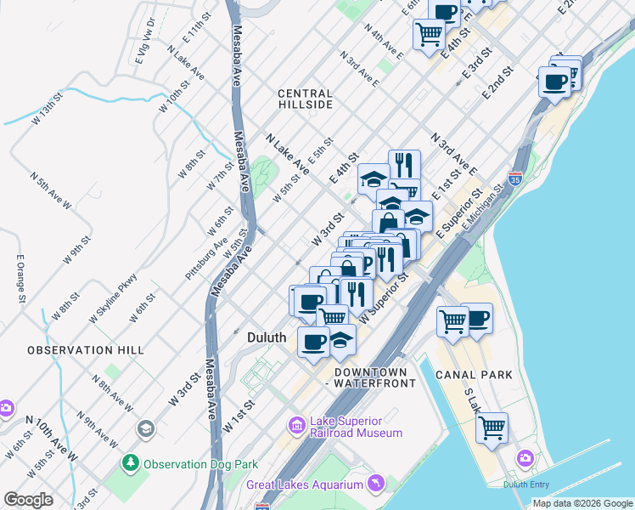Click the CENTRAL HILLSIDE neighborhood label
[x=306, y=99]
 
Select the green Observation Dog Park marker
[x=130, y=464]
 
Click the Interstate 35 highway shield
[x=515, y=179]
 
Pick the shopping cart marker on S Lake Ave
[x=492, y=428]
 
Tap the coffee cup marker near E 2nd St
[x=555, y=82]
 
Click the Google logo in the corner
[x=29, y=500]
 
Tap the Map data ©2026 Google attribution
[x=582, y=503]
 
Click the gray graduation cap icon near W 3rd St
[x=145, y=428]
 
